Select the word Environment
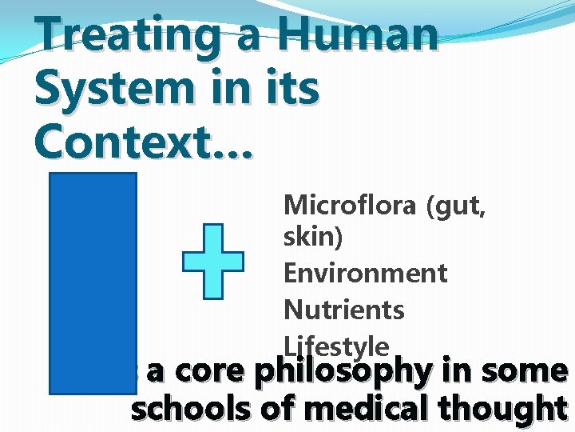pos(365,274)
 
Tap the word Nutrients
pos(343,310)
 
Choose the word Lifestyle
pos(336,345)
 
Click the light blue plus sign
pos(213,262)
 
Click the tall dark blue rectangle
pos(93,283)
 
